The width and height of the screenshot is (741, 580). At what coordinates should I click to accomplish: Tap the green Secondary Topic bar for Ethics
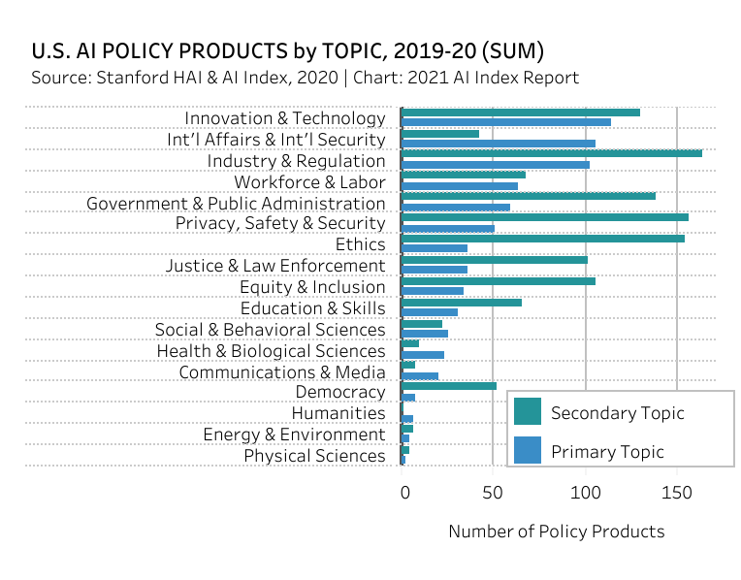(542, 239)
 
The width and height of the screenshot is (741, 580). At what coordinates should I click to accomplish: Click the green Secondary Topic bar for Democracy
(448, 386)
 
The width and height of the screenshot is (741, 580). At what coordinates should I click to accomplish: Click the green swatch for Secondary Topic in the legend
(527, 412)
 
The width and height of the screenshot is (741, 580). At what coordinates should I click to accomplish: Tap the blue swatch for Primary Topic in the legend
(527, 451)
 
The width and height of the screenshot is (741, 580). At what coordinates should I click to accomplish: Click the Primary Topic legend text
(607, 452)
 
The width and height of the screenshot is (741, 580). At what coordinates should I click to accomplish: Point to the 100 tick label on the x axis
(585, 492)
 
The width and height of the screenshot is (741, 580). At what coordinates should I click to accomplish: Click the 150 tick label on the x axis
(676, 492)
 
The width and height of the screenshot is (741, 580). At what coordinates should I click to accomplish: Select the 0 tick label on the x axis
(404, 492)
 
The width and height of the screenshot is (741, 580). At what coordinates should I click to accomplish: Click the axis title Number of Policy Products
(556, 532)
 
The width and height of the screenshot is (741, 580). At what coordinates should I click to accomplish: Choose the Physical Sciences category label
(313, 457)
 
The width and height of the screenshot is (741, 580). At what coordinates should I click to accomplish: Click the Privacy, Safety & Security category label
(279, 224)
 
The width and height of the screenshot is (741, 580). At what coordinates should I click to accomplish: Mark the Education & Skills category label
(312, 309)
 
